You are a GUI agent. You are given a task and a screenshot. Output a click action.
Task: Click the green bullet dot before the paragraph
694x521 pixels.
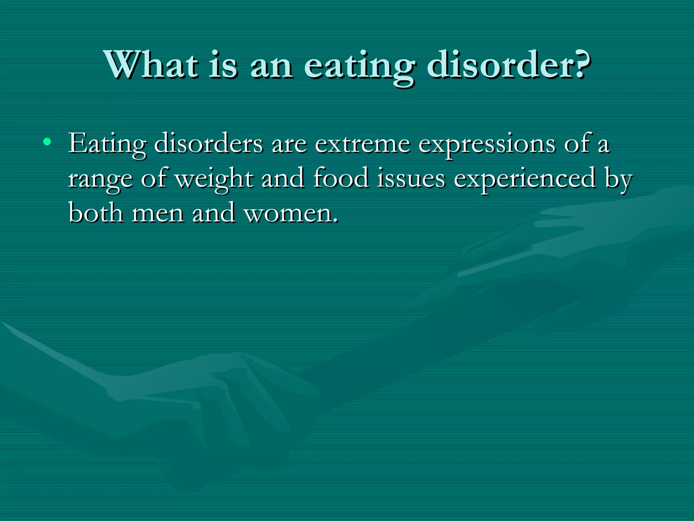47,141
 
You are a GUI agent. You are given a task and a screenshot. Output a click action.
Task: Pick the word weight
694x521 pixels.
214,179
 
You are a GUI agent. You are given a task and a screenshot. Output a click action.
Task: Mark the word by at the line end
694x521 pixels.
618,179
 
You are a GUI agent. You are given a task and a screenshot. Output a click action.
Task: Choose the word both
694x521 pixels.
96,213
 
